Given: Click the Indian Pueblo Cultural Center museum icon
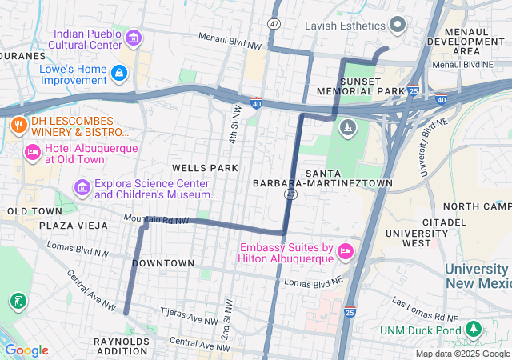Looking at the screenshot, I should pos(134,37).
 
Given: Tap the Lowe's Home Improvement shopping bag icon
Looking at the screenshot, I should pos(119,74).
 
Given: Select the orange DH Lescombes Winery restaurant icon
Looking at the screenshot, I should pos(18,125).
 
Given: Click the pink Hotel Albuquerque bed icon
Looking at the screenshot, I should pos(33,152).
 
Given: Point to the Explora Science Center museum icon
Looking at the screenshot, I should pos(82,187).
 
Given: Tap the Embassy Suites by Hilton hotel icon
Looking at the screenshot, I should pos(346,251).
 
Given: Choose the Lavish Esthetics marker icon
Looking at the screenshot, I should pos(398,26).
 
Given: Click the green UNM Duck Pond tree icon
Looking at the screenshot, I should pos(474,330).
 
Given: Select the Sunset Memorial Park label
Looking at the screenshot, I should pos(373,86).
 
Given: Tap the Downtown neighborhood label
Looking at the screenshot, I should pos(163,263).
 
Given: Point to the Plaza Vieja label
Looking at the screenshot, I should pos(73,226).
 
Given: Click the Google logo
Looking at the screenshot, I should pos(26,350).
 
